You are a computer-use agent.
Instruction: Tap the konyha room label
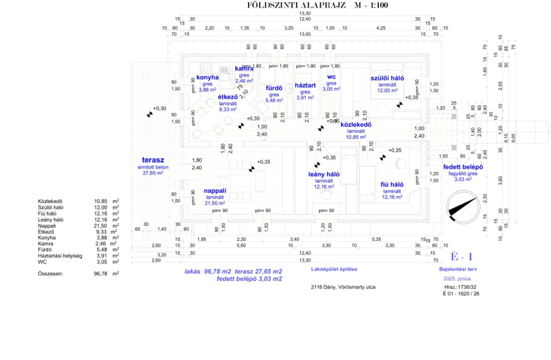click(x=207, y=78)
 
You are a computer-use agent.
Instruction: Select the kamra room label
click(x=244, y=69)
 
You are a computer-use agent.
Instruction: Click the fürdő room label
click(x=274, y=89)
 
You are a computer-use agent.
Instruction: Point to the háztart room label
click(x=305, y=85)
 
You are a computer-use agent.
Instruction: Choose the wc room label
click(x=331, y=77)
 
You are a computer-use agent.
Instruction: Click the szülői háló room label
click(x=387, y=78)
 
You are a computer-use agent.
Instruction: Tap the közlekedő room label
click(x=356, y=125)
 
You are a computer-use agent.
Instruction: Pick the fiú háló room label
click(x=392, y=184)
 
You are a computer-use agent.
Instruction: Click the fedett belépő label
click(x=463, y=167)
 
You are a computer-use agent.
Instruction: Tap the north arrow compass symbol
click(x=463, y=206)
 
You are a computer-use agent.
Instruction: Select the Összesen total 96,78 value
click(x=101, y=273)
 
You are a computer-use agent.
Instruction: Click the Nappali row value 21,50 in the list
click(x=101, y=226)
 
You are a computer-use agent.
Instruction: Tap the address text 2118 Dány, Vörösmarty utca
click(x=342, y=286)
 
